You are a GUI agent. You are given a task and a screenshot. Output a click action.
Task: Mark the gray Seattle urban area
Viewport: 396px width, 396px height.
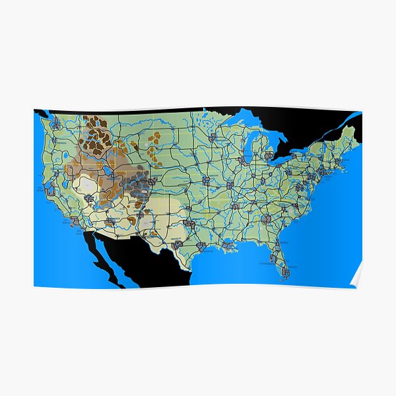(x=56, y=123)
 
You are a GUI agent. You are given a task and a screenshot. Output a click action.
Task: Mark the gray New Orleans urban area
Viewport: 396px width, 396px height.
(x=228, y=245)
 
